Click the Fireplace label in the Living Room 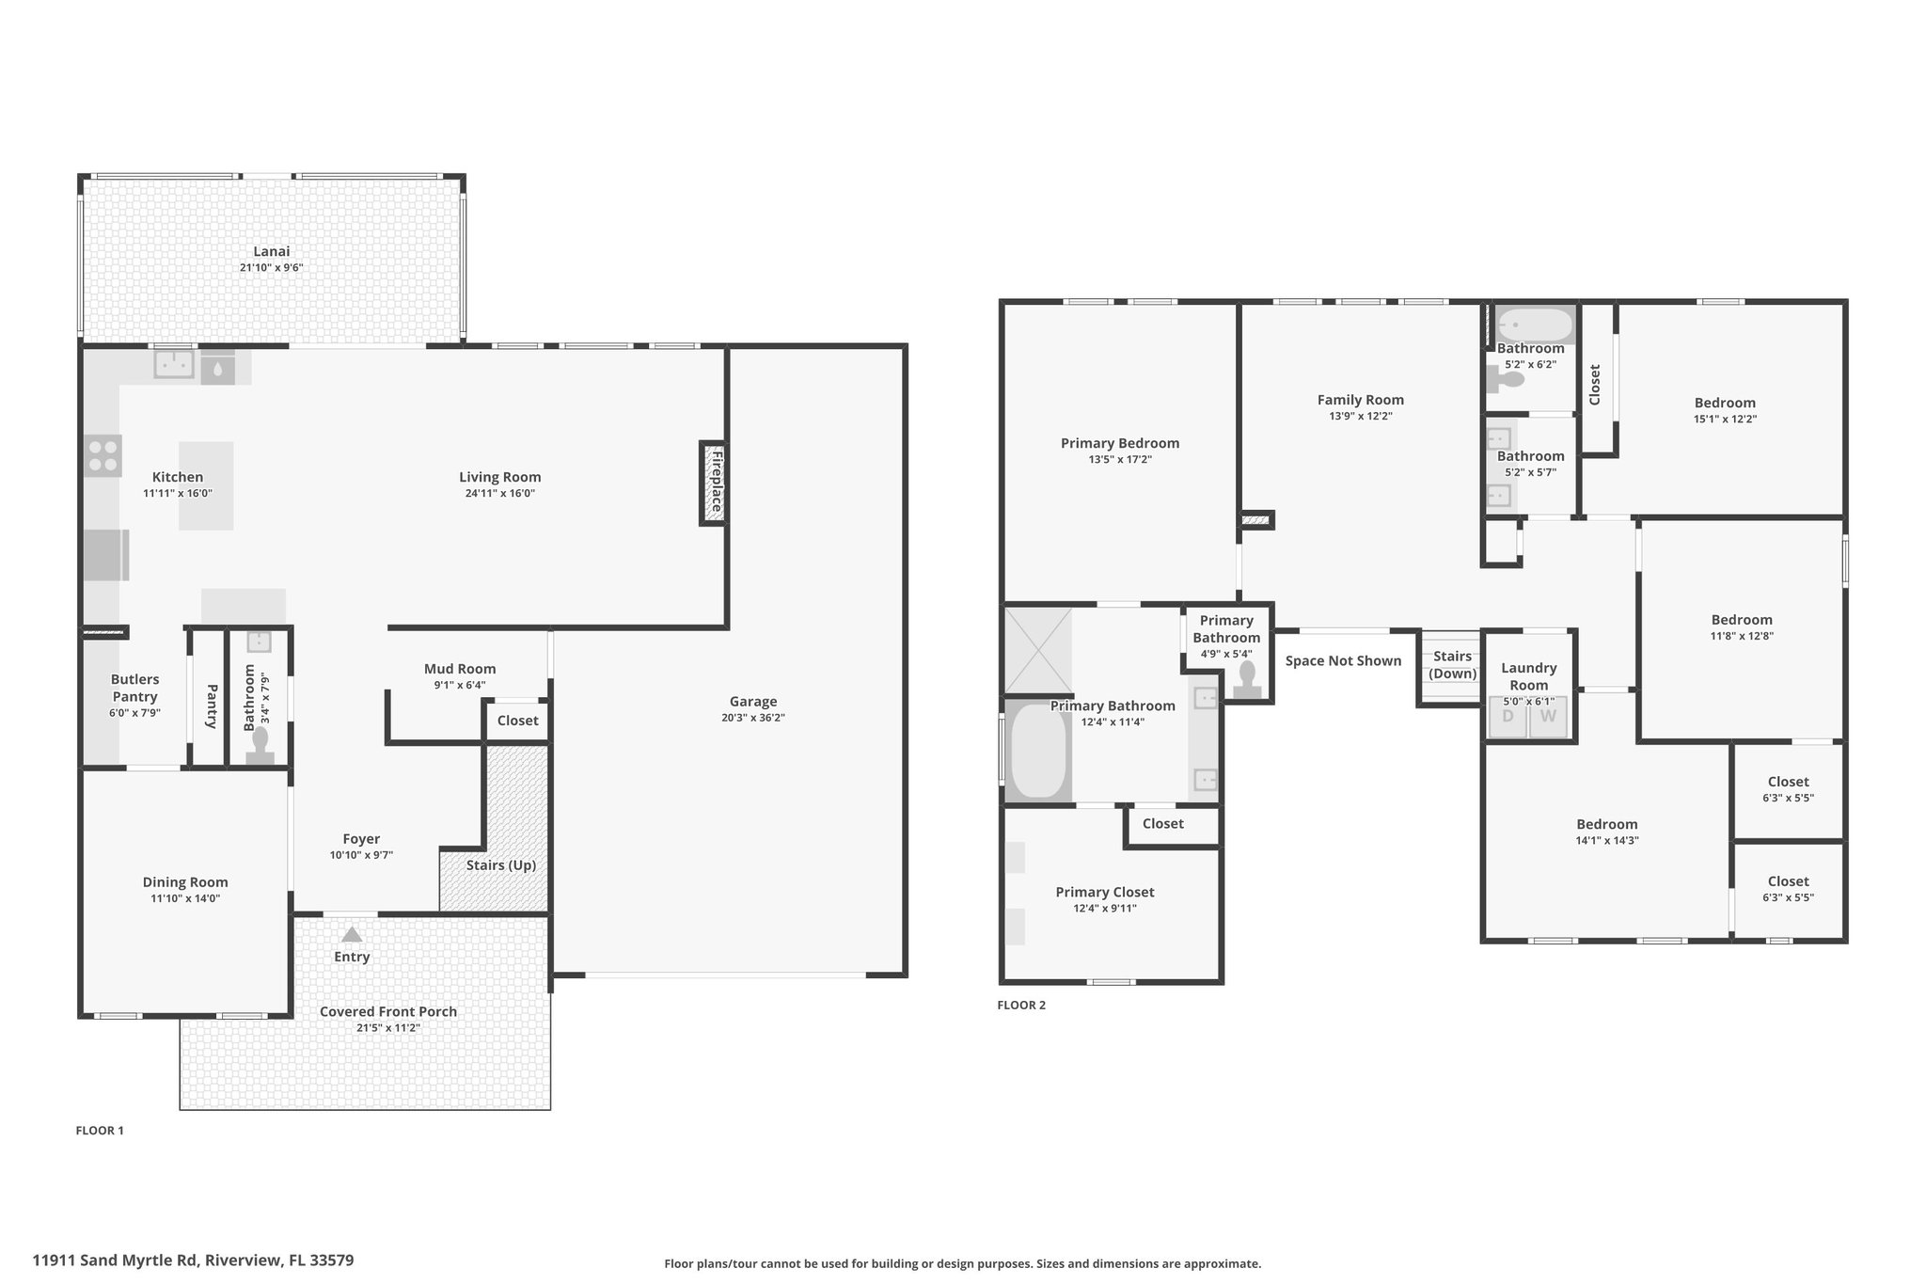pos(717,482)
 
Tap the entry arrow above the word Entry pos(352,935)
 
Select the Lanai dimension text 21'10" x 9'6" pos(271,268)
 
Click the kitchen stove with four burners pos(103,455)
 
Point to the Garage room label pos(753,701)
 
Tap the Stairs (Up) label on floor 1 pos(501,865)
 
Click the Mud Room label pos(460,669)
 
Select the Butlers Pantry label pos(134,688)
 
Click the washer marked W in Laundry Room pos(1548,717)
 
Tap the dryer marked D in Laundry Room pos(1508,717)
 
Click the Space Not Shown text pos(1343,661)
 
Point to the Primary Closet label pos(1105,892)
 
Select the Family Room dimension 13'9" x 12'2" pos(1361,416)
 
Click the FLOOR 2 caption pos(1021,1005)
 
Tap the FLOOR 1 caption pos(100,1131)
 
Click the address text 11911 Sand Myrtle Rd pos(115,1260)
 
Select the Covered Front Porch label pos(388,1012)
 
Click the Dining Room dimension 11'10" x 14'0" pos(185,898)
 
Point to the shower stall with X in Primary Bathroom pos(1037,650)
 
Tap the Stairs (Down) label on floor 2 pos(1453,665)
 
